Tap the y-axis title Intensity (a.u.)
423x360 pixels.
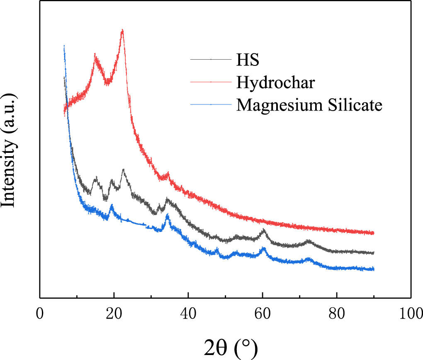tap(9, 151)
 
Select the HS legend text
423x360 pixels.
tap(248, 60)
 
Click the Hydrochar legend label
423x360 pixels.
tap(276, 82)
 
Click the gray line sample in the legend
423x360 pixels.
tap(211, 60)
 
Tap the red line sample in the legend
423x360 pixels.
tap(211, 82)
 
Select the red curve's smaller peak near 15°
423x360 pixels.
tap(95, 55)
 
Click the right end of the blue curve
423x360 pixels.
tap(374, 269)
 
